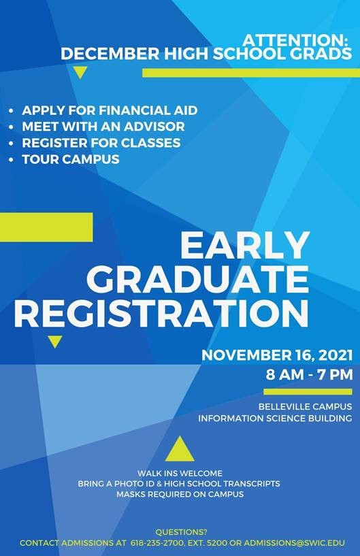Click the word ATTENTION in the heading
coord(294,39)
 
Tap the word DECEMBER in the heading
coord(110,54)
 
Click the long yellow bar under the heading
coord(250,73)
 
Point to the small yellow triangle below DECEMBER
coord(80,73)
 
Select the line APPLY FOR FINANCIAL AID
coord(110,110)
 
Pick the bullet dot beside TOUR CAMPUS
coord(12,159)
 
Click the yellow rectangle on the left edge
coord(46,227)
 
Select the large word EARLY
coord(245,246)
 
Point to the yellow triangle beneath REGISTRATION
coord(55,342)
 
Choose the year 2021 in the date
coord(336,355)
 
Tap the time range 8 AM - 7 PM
coord(309,374)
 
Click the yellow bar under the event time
coord(308,391)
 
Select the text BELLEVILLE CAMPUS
coord(305,406)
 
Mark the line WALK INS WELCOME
coord(180,474)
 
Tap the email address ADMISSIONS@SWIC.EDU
coord(295,543)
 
